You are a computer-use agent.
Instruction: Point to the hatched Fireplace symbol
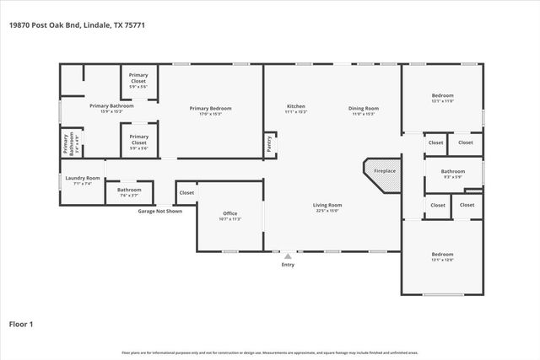(x=384, y=172)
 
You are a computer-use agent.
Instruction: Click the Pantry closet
(x=270, y=145)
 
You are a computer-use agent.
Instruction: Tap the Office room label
(x=229, y=215)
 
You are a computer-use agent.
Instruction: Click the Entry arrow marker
(x=288, y=256)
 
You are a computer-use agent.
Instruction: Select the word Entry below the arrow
(x=288, y=266)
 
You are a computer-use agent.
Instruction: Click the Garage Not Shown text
(x=160, y=211)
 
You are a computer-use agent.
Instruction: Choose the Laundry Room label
(x=83, y=180)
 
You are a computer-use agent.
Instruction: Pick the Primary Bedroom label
(x=210, y=110)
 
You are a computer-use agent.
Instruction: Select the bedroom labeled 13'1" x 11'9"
(x=442, y=98)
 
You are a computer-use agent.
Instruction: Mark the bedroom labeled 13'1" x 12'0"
(x=442, y=256)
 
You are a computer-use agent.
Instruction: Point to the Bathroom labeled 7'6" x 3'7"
(x=129, y=191)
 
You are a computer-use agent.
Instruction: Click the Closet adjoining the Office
(x=186, y=193)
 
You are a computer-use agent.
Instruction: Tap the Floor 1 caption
(x=20, y=323)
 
